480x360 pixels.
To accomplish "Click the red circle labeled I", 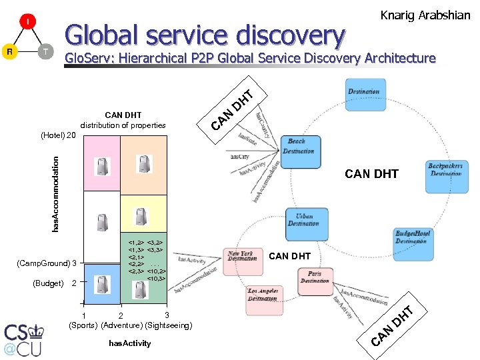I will pyautogui.click(x=28, y=23).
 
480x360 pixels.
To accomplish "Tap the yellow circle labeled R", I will pyautogui.click(x=9, y=51).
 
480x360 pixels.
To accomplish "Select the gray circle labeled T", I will pyautogui.click(x=45, y=51).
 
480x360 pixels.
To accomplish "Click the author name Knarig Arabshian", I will pyautogui.click(x=425, y=15).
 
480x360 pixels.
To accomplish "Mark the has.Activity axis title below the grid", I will pyautogui.click(x=129, y=343).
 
